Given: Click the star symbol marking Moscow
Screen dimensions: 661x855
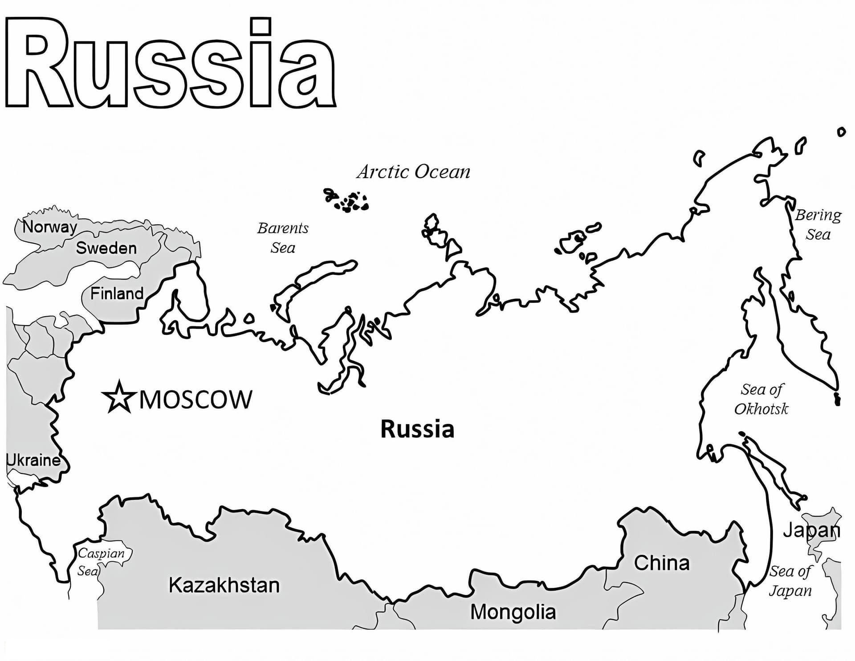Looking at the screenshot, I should click(118, 397).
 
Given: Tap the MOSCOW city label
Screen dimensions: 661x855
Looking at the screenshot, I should click(196, 400).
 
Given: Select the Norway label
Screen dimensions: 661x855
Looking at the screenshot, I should click(49, 227).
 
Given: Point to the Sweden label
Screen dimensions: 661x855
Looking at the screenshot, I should click(106, 248).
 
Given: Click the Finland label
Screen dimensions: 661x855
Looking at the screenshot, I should click(117, 294).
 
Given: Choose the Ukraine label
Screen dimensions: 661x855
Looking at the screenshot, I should click(34, 460).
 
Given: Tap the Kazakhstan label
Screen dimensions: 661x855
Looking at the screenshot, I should click(224, 585).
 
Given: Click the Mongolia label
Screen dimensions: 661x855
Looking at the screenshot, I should click(513, 612).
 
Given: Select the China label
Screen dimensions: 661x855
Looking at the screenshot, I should click(662, 563).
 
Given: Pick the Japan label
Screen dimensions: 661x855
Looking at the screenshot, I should click(811, 530).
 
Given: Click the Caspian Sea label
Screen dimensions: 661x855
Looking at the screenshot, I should click(100, 562).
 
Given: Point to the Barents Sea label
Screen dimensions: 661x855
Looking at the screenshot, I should click(283, 238).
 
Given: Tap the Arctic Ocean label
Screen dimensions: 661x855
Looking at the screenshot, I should click(413, 172).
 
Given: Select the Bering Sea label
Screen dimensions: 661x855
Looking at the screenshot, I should click(818, 224).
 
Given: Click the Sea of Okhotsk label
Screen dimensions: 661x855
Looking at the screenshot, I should click(761, 399).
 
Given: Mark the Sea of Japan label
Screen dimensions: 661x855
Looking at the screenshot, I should click(790, 581).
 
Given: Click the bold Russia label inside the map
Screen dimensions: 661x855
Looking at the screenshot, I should click(417, 429).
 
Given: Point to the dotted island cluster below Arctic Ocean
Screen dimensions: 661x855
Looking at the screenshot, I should click(347, 200).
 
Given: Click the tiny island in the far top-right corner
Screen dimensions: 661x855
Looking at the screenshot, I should click(841, 132).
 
